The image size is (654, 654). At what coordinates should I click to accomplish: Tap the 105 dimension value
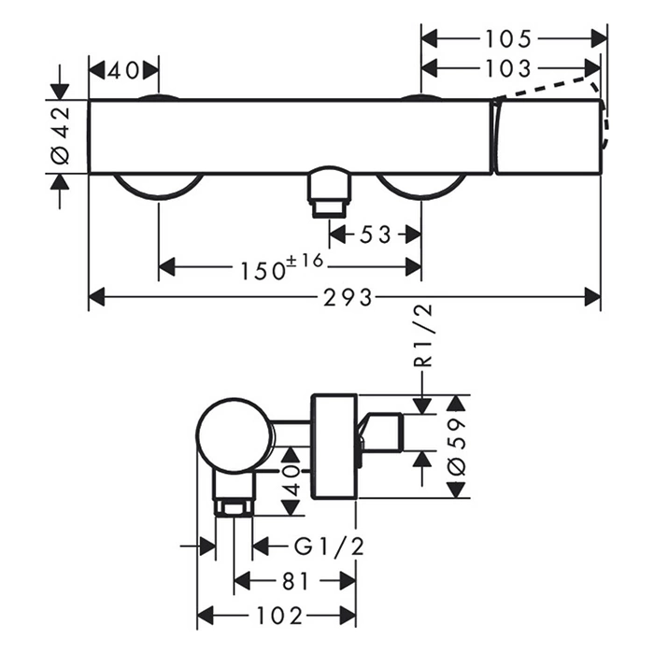[x=509, y=38]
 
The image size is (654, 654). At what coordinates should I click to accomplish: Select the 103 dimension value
[x=509, y=68]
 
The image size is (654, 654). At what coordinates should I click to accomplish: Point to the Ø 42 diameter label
[x=60, y=135]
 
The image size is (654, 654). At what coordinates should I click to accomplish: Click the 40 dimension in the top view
[x=123, y=70]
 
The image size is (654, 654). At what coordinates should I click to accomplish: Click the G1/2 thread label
[x=317, y=546]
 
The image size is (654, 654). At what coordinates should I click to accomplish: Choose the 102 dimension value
[x=277, y=617]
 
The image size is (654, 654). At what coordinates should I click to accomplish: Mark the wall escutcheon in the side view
[x=333, y=447]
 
